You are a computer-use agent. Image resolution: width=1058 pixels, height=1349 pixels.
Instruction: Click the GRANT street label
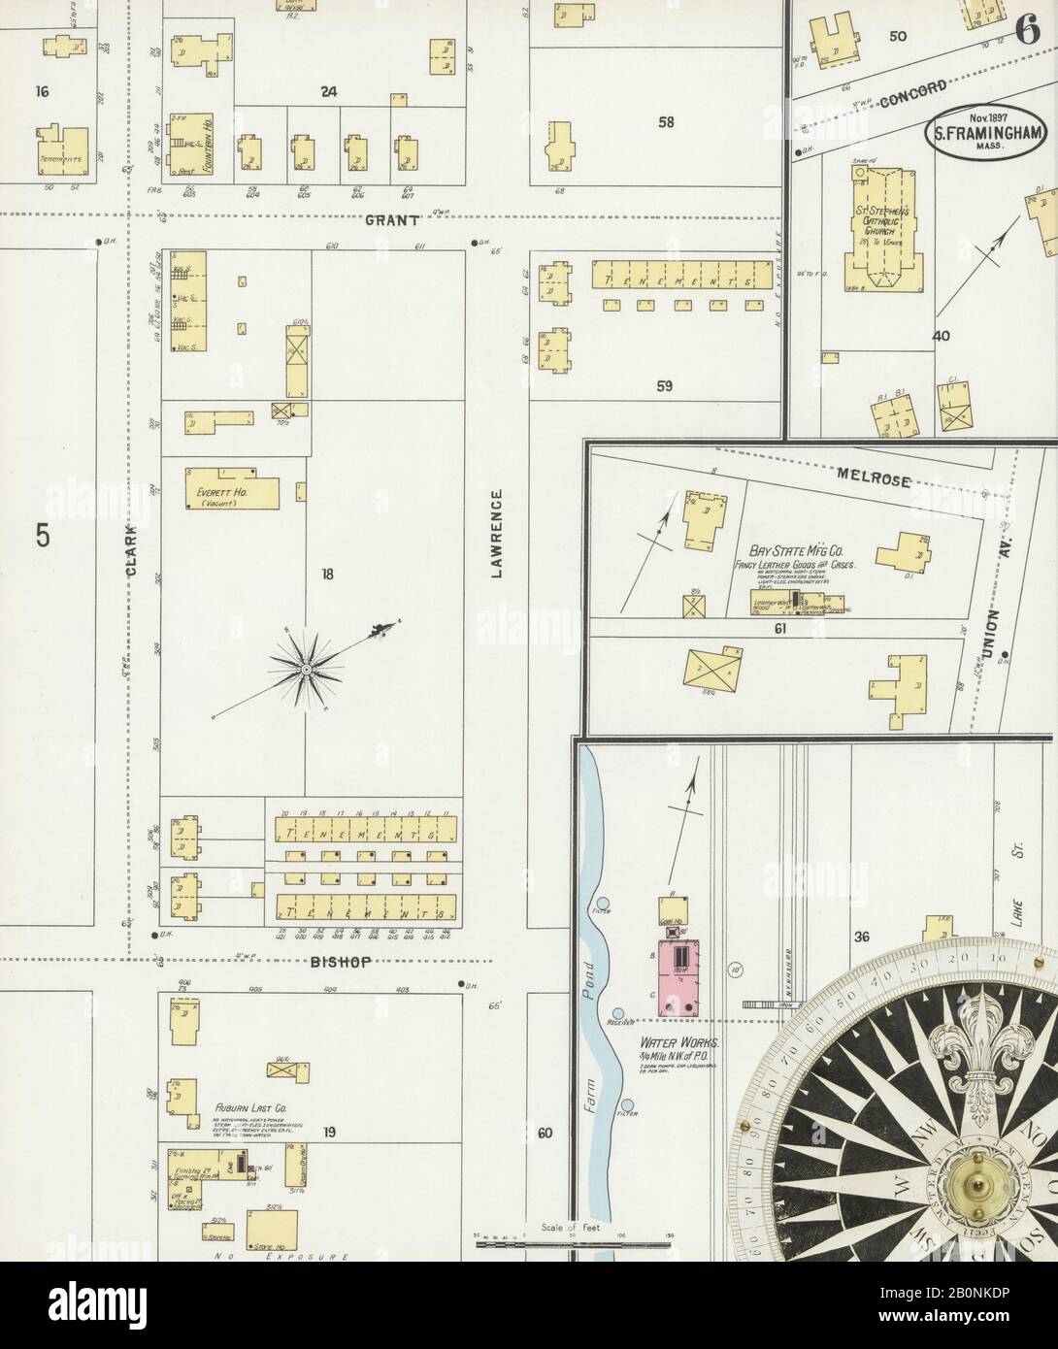coord(391,221)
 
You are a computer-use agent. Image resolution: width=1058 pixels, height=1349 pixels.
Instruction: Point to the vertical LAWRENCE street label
coord(497,534)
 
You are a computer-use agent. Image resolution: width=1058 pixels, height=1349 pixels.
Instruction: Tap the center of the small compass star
coord(305,670)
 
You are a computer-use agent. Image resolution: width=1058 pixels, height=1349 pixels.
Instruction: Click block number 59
coord(664,386)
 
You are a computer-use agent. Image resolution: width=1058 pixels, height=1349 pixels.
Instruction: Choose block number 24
coord(329,92)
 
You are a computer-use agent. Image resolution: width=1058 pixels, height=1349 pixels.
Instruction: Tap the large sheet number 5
coord(42,536)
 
